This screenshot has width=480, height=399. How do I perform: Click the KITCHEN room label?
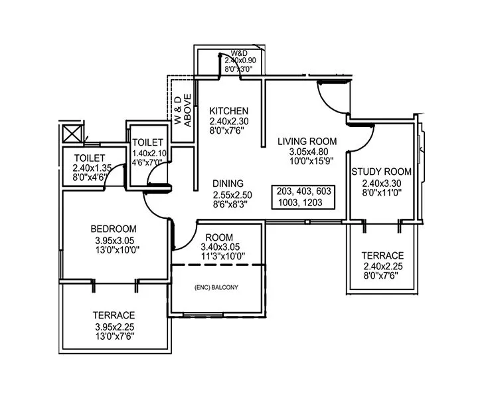pos(229,110)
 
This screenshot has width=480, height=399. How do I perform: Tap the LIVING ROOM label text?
pos(307,141)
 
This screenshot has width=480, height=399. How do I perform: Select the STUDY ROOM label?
pos(381,172)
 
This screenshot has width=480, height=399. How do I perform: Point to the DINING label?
pos(228,184)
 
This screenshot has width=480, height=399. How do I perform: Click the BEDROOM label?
pos(114,229)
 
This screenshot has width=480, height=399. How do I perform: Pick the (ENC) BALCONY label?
pos(216,287)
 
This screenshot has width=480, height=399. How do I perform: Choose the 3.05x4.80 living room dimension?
pos(307,152)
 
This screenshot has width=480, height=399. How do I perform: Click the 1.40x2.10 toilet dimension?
pos(148,152)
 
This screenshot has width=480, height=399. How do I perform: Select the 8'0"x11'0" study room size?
pos(382,193)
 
